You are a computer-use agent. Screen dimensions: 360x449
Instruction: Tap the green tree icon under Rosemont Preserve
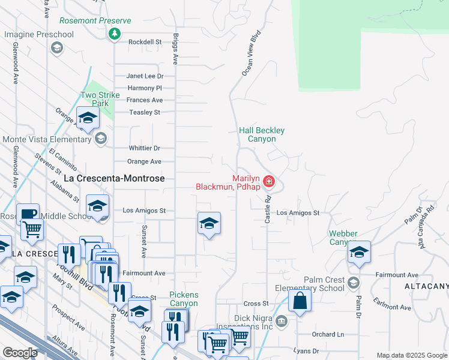(x=114, y=34)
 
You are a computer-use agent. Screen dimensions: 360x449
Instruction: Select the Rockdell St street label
(x=145, y=42)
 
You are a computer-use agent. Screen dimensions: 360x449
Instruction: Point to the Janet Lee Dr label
(x=144, y=76)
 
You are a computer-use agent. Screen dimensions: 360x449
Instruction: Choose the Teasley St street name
(x=145, y=112)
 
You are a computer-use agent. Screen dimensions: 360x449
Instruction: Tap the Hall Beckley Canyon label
(x=262, y=134)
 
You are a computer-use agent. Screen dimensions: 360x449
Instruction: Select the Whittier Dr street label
(x=145, y=148)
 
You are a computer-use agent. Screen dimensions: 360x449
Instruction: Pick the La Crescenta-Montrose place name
(x=114, y=179)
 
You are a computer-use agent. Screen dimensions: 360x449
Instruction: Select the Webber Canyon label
(x=343, y=238)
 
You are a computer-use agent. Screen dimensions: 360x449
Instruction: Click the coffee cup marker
(x=27, y=214)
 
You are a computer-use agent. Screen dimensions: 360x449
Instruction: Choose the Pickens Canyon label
(x=184, y=299)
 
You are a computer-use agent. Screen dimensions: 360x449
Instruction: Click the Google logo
(x=20, y=353)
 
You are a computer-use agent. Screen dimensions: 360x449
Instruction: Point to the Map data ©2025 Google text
(x=411, y=355)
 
